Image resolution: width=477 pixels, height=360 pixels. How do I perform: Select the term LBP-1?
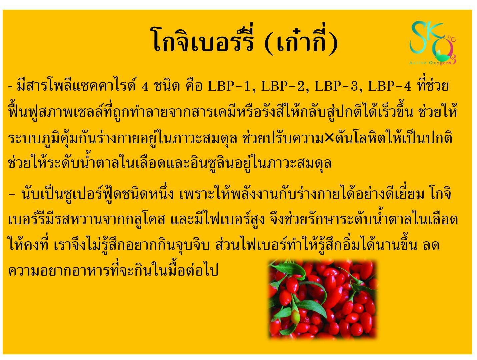tap(231, 86)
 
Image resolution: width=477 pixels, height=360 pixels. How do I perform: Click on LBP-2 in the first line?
tap(284, 86)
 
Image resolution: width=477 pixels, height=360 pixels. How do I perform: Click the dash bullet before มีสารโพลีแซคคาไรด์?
tap(10, 87)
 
